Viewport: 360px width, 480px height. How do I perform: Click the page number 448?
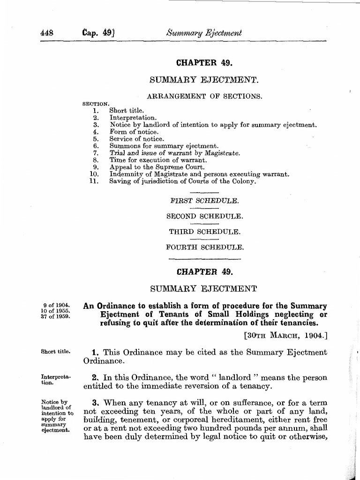(x=47, y=33)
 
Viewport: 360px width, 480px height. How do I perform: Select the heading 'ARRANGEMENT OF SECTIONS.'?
(x=204, y=97)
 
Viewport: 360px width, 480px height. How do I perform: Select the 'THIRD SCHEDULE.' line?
(x=204, y=232)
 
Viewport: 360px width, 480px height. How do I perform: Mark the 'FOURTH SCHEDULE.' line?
(x=204, y=247)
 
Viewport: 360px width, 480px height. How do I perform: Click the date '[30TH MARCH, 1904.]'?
(x=285, y=336)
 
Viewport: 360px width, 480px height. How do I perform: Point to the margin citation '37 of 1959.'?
(x=55, y=316)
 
